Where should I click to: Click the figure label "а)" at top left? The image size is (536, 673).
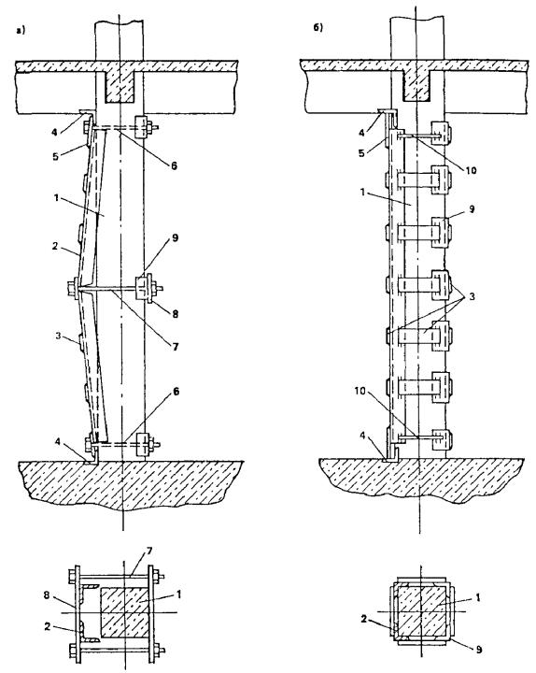click(x=21, y=31)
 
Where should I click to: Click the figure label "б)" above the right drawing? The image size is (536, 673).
click(x=317, y=28)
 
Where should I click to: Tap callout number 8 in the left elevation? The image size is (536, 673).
click(x=175, y=314)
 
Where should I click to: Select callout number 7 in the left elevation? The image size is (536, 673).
click(x=175, y=346)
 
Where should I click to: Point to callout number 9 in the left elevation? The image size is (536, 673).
click(x=175, y=237)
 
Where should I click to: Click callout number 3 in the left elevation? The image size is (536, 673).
click(x=59, y=335)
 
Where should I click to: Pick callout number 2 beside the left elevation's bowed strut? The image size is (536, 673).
click(x=55, y=247)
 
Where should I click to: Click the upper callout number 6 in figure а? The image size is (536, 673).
click(x=174, y=165)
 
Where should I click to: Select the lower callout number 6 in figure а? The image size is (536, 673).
click(x=176, y=392)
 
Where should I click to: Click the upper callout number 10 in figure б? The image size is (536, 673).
click(x=471, y=170)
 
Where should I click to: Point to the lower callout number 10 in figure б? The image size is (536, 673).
click(x=361, y=392)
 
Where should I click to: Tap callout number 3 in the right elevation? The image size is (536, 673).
click(x=472, y=296)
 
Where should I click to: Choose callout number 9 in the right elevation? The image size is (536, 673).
click(x=472, y=209)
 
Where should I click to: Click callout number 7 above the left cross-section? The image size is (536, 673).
click(x=149, y=551)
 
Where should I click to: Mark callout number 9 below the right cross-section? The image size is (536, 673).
click(x=478, y=649)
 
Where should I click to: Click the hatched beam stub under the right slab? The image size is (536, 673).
click(x=417, y=84)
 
